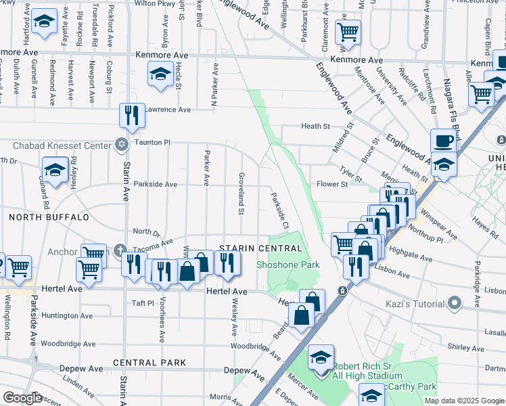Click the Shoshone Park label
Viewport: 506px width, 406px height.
(x=287, y=265)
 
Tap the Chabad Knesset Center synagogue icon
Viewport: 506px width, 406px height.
(x=122, y=144)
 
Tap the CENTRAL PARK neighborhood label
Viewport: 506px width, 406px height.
(x=149, y=363)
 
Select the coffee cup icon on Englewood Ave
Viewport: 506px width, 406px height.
(x=443, y=141)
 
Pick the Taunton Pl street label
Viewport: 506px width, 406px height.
(x=153, y=143)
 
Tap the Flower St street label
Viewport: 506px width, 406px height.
(x=331, y=184)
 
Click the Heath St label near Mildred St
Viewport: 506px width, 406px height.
(x=315, y=127)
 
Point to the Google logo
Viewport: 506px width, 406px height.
(x=22, y=399)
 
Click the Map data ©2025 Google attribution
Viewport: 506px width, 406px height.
(x=464, y=401)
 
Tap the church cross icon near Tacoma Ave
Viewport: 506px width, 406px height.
(x=120, y=250)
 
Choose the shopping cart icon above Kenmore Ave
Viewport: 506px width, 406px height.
(x=348, y=30)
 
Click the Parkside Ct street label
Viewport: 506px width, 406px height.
(x=280, y=210)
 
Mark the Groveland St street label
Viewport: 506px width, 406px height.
(x=241, y=194)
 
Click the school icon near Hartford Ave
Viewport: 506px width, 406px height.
(x=45, y=24)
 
